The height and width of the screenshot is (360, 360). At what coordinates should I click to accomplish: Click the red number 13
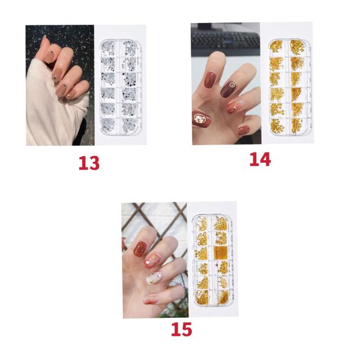(89, 163)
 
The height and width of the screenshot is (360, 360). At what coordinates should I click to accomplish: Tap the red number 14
(260, 159)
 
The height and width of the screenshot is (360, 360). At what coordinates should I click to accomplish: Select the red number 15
(181, 329)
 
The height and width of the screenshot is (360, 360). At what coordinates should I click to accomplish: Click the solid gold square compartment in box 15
(220, 252)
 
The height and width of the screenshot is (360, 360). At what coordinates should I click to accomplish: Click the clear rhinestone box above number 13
(121, 87)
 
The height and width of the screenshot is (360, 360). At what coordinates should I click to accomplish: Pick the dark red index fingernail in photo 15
(140, 249)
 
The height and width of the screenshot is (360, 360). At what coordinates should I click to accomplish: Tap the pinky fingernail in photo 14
(244, 130)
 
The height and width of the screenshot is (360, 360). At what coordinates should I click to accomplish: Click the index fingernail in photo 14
(210, 80)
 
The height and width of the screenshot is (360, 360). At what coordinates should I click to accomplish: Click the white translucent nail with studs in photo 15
(154, 278)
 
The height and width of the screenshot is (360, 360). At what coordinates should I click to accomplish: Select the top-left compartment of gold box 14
(276, 46)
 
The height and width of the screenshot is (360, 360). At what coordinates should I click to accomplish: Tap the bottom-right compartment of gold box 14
(298, 126)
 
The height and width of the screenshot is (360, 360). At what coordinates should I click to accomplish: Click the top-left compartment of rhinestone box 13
(109, 48)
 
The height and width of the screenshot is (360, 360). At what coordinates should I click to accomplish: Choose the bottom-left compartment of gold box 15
(202, 298)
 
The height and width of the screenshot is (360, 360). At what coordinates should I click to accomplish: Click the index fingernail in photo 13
(49, 57)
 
